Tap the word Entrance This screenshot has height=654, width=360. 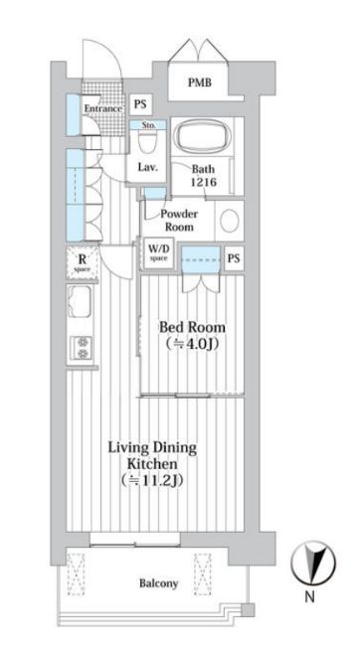(x=102, y=108)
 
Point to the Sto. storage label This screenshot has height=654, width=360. (x=148, y=126)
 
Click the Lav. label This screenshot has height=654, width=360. (x=149, y=167)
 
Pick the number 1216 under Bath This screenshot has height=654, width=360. (x=205, y=182)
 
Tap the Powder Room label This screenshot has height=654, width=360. (x=180, y=220)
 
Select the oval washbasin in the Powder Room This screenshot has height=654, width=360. (x=229, y=220)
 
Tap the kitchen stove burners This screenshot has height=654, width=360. (x=80, y=347)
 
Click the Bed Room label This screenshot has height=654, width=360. (x=192, y=327)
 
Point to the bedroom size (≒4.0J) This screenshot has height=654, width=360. (x=192, y=345)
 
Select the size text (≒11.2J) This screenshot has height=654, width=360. (x=152, y=481)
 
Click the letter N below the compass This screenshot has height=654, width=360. (x=309, y=597)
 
